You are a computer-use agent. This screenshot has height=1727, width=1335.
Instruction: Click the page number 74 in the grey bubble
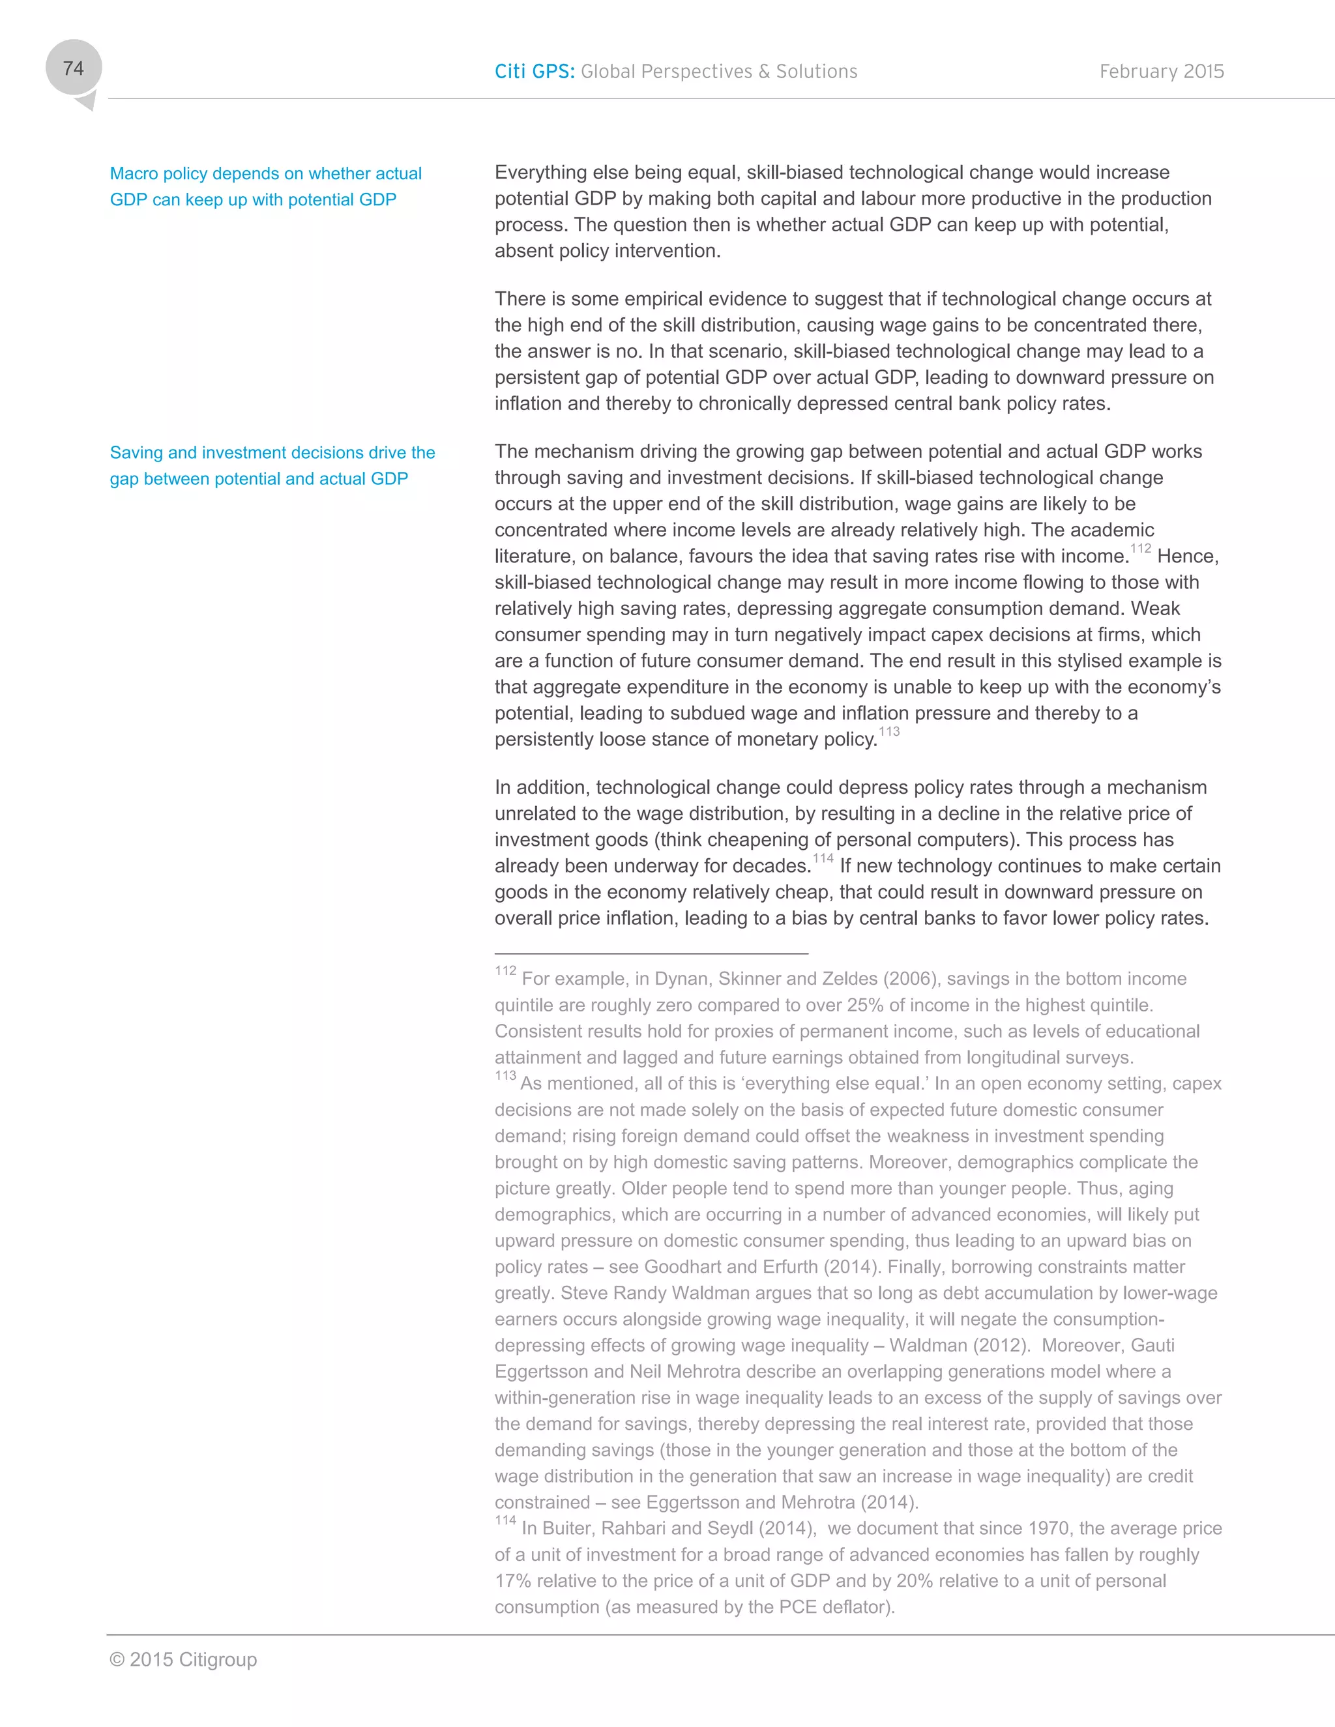point(73,69)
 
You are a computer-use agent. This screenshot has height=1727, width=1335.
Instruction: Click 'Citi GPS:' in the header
point(534,71)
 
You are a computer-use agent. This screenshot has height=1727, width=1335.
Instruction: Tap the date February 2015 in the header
point(1161,71)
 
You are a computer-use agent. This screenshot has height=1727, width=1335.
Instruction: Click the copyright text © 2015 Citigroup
point(183,1659)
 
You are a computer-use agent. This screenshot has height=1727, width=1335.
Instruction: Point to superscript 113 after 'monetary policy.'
point(889,731)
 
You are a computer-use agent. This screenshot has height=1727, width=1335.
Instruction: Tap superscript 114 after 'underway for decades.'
point(823,859)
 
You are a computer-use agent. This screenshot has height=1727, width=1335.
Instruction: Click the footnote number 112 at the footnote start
point(505,971)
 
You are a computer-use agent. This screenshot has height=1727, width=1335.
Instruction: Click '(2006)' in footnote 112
point(909,979)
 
